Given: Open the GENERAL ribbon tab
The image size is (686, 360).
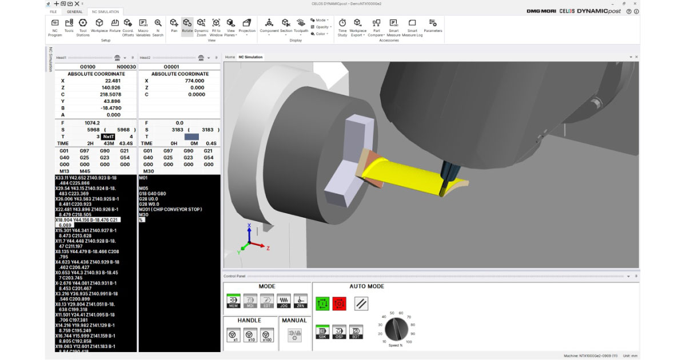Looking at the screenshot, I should coord(74,11).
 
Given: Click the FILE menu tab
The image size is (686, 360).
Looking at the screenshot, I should coord(53,11).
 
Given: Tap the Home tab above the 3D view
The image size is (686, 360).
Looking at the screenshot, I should coord(230,57).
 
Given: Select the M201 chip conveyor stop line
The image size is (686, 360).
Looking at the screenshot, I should coord(170,209).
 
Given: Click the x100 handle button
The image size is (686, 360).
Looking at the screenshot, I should coord(266,334).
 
